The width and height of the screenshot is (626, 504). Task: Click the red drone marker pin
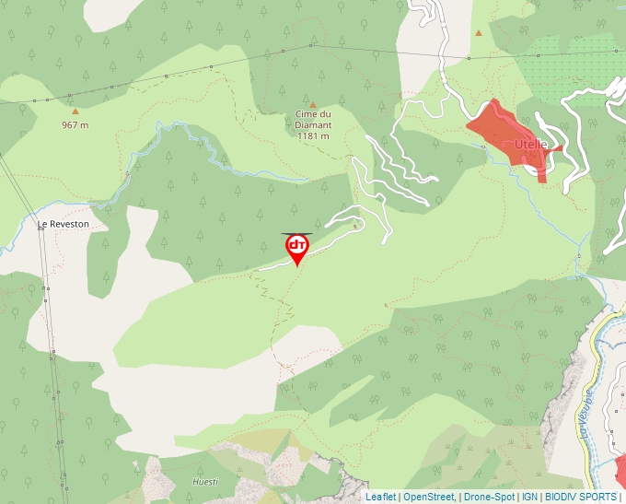click(297, 247)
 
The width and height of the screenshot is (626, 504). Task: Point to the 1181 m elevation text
click(313, 136)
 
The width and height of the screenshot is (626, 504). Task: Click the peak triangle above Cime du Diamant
click(313, 105)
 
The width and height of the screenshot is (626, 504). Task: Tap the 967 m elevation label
click(75, 124)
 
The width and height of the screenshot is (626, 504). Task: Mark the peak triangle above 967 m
click(75, 111)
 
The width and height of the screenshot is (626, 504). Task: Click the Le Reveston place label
click(64, 224)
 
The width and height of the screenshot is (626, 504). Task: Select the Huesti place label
click(205, 481)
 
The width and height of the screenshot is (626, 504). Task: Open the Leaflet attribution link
click(380, 497)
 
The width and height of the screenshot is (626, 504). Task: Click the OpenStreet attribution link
click(429, 497)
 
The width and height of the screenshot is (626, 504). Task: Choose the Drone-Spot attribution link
click(489, 497)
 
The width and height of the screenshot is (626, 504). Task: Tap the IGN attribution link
click(529, 497)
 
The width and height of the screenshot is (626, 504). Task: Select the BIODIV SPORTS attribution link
click(581, 497)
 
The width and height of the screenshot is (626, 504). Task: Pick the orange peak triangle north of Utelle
click(479, 33)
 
